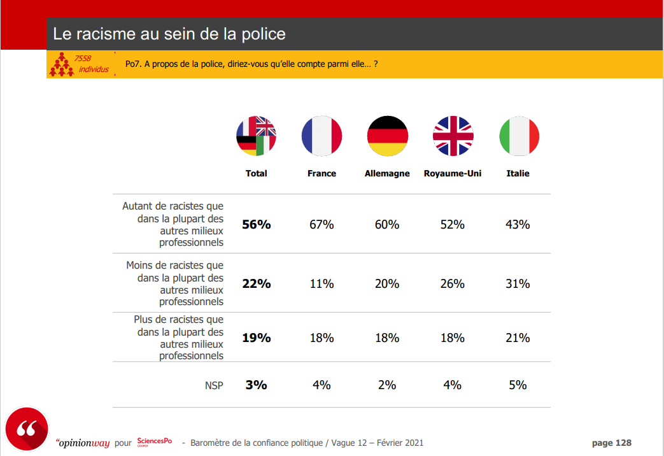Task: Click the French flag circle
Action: pos(321,136)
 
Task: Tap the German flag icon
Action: pos(387,136)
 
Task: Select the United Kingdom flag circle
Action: pos(453,136)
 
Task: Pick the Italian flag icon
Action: pos(518,136)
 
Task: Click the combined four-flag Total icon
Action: pos(256,136)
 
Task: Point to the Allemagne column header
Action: pos(387,173)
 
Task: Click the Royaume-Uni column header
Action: pos(453,173)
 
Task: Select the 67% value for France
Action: pos(321,224)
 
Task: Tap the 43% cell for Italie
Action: pos(518,224)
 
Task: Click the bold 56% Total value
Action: pos(256,224)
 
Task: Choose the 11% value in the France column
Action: pos(321,283)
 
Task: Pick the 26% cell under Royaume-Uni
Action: pos(453,283)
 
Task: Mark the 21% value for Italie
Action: pos(518,338)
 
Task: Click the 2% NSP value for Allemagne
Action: pos(387,385)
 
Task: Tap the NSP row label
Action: pos(214,385)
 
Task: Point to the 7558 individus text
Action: pos(90,64)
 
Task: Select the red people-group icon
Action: pos(61,64)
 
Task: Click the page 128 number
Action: pos(611,443)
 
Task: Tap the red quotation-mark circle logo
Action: pos(26,429)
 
